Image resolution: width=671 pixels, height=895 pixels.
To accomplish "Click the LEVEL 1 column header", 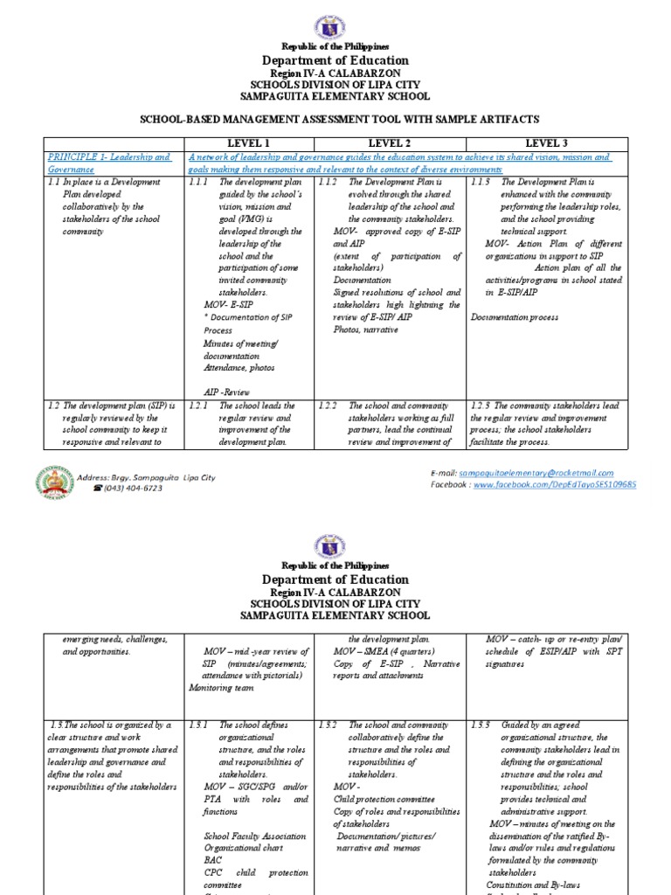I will point(249,142).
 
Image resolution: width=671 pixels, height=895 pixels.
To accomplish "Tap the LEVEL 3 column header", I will point(546,142).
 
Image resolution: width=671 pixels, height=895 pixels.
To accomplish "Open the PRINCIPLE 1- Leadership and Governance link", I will point(109,163).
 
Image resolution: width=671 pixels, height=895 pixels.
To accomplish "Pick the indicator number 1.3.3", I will point(481,725).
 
